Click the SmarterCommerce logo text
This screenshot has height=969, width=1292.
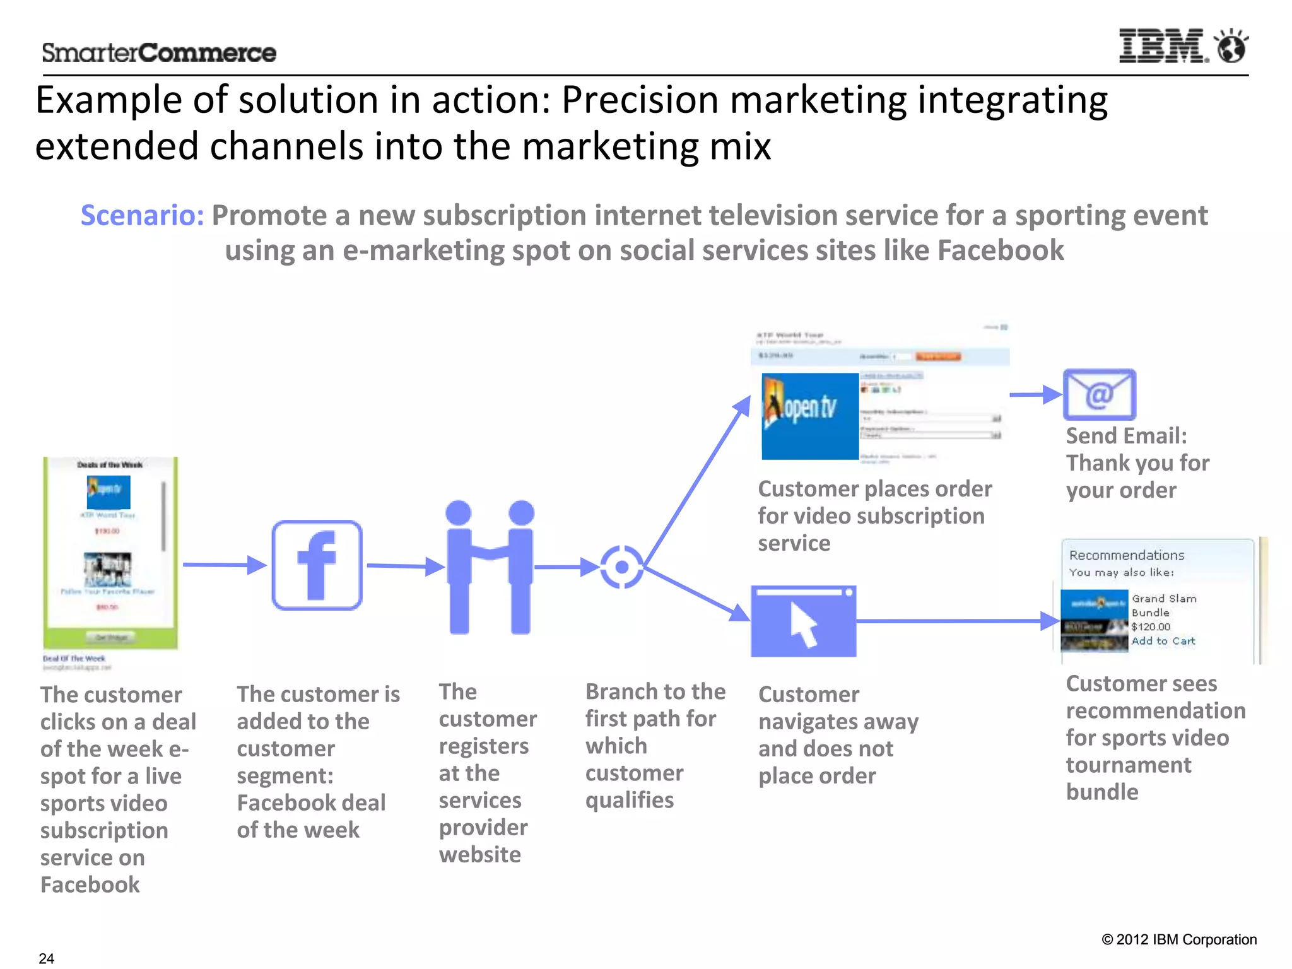159,53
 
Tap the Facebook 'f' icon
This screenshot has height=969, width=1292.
317,565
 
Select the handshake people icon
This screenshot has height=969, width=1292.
490,567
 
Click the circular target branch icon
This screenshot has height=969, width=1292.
621,567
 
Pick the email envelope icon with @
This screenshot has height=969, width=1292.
1099,395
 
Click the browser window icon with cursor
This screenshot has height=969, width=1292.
803,621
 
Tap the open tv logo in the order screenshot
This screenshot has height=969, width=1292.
810,416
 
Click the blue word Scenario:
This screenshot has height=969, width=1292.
143,216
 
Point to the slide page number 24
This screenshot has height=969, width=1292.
47,958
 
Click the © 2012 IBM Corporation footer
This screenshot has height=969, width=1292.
1178,939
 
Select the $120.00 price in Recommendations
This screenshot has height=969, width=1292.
1151,626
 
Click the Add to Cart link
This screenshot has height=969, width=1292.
1163,641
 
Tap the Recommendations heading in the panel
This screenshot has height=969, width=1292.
1127,555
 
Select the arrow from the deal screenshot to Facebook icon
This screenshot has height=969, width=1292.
225,565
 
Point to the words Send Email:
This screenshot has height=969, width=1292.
1126,436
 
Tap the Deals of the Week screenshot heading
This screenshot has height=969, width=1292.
110,465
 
